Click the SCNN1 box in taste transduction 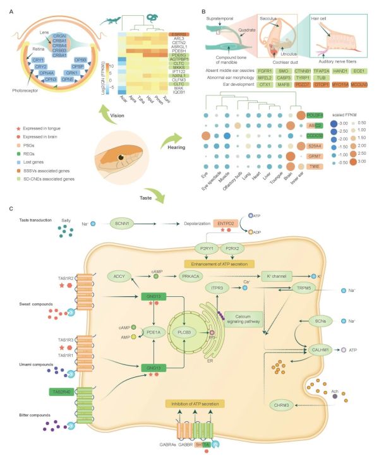[118, 224]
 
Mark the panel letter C [7, 208]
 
